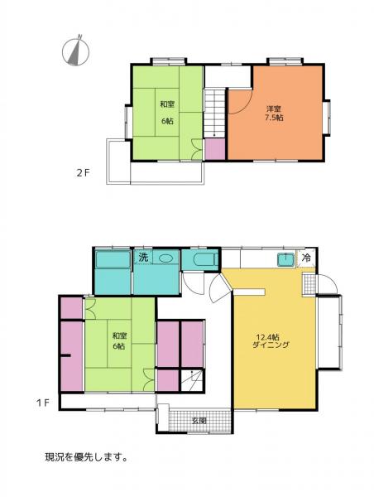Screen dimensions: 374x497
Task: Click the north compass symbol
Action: point(75,51)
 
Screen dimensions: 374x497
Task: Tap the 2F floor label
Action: point(84,173)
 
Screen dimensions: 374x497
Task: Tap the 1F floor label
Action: point(42,403)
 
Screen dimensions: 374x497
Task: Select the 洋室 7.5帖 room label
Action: point(274,113)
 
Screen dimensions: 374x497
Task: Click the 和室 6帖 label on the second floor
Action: point(167,112)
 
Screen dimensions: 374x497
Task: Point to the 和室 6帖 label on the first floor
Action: point(119,340)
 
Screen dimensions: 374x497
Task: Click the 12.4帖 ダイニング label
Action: point(271,340)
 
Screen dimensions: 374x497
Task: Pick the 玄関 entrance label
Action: point(199,421)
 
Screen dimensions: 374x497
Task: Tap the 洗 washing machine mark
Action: point(143,258)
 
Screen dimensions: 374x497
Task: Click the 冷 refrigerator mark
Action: point(306,258)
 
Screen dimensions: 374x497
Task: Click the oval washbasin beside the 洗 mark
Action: point(166,258)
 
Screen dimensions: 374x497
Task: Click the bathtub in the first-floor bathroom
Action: point(113,259)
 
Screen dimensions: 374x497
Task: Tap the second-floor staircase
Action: point(214,113)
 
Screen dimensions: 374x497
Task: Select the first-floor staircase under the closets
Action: point(192,379)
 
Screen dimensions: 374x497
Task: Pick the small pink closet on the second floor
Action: point(214,148)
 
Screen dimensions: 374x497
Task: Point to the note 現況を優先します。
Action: point(86,457)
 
